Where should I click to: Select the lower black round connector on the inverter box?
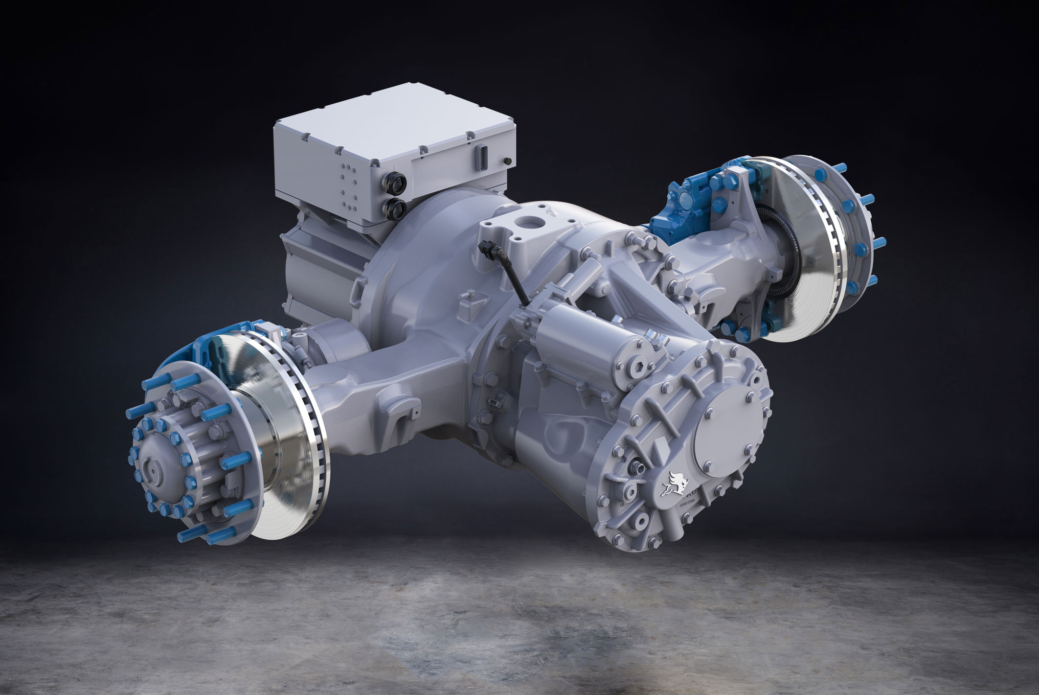tap(395, 206)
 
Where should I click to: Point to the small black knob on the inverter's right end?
tap(506, 161)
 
